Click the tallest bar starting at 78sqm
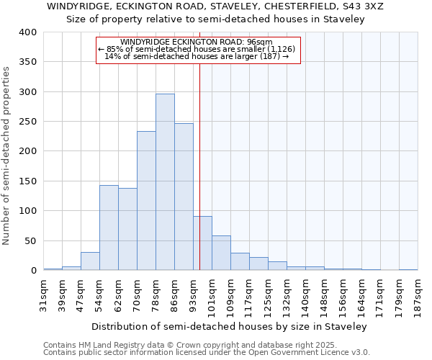[165, 182]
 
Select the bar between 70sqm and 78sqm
[146, 201]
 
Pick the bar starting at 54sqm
[109, 228]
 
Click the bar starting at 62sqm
[127, 229]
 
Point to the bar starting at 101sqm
[221, 253]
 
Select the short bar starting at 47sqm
[90, 261]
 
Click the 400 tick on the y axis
[28, 32]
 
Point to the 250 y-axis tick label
[28, 122]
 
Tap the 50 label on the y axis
[31, 241]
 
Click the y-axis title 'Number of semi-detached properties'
[7, 155]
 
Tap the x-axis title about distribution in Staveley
[234, 326]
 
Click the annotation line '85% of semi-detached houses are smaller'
[197, 49]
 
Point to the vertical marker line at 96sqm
[199, 180]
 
